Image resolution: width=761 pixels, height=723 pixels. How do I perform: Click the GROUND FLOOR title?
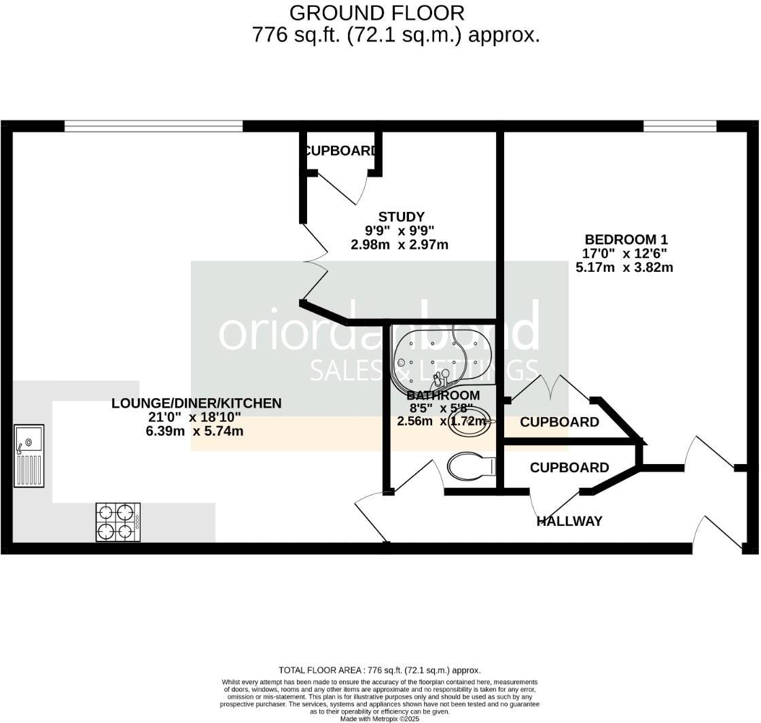377,12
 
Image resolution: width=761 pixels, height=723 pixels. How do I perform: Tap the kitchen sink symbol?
29,455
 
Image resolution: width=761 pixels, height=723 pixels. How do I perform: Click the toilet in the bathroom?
470,466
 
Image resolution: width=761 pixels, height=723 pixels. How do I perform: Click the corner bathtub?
438,359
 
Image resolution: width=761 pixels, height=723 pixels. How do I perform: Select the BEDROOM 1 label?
626,239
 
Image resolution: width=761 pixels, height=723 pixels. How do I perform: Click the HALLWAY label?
569,521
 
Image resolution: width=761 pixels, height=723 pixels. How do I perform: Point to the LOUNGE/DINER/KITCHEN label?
196,404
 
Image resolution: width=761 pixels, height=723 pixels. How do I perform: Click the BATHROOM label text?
443,395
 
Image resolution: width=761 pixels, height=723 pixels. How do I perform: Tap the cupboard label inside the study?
340,151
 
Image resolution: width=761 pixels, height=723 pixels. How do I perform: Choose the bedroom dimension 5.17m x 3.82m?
624,267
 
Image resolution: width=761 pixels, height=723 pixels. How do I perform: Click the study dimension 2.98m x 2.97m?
400,245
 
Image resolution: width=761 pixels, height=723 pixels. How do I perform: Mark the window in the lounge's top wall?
154,126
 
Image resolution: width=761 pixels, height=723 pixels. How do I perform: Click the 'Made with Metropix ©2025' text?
379,718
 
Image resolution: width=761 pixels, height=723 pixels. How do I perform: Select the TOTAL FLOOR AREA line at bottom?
379,670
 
